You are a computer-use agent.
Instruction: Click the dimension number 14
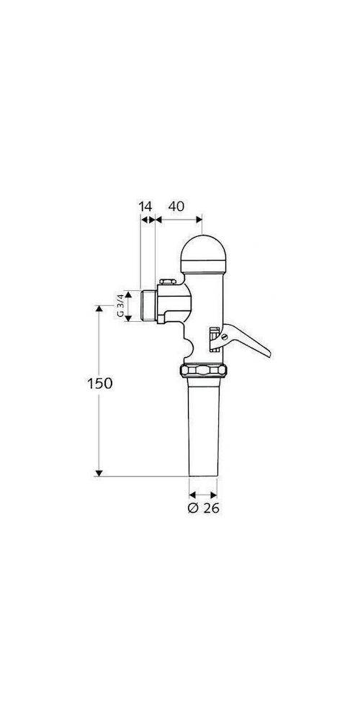pyautogui.click(x=145, y=206)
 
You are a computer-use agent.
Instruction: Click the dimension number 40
pyautogui.click(x=176, y=206)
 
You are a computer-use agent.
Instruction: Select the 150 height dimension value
pyautogui.click(x=100, y=383)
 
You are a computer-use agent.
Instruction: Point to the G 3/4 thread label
pyautogui.click(x=121, y=305)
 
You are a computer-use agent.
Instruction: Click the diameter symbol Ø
pyautogui.click(x=192, y=508)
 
